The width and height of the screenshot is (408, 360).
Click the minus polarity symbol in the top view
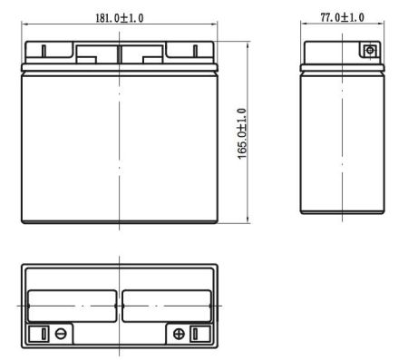coord(61,334)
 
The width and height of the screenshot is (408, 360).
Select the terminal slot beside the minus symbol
coord(43,334)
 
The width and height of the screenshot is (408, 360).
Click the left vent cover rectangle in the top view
coord(73,306)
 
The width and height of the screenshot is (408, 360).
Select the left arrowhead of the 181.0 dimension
coord(24,25)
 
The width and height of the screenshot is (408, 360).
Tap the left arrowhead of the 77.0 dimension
coord(303,25)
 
